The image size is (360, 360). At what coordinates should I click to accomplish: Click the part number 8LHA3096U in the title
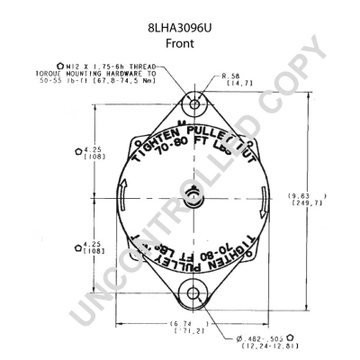coord(180,13)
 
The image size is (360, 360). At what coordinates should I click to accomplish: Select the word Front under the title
coord(180,28)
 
